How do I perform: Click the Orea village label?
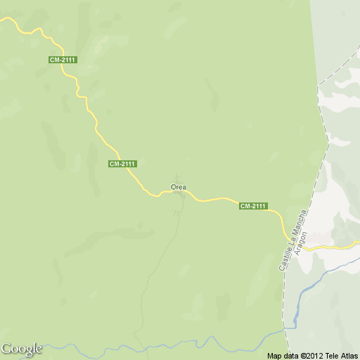pyautogui.click(x=178, y=187)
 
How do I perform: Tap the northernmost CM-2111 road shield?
pyautogui.click(x=63, y=60)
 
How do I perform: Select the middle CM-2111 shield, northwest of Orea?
pyautogui.click(x=122, y=164)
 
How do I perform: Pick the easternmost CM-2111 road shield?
pyautogui.click(x=253, y=206)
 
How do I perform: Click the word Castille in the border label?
pyautogui.click(x=283, y=259)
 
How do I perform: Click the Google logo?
pyautogui.click(x=21, y=349)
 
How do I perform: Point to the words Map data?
pyautogui.click(x=283, y=356)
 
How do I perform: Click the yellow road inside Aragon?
pyautogui.click(x=330, y=247)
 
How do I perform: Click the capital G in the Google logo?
pyautogui.click(x=7, y=349)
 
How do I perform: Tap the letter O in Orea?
pyautogui.click(x=173, y=187)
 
